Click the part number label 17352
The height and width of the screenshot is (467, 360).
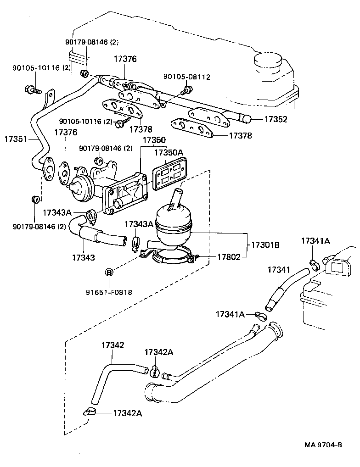pos(276,119)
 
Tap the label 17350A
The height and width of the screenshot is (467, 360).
pos(168,153)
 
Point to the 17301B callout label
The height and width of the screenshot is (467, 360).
pos(265,245)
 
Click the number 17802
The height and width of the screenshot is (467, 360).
pos(228,257)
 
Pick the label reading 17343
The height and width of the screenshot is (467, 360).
pos(83,257)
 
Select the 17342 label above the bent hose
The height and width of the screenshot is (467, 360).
pos(112,345)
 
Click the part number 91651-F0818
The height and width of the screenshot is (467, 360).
pos(109,292)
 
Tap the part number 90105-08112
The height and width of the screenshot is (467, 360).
pos(187,77)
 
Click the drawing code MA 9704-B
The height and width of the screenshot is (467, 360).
pos(322,445)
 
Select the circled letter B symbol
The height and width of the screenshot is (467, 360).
pos(109,272)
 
